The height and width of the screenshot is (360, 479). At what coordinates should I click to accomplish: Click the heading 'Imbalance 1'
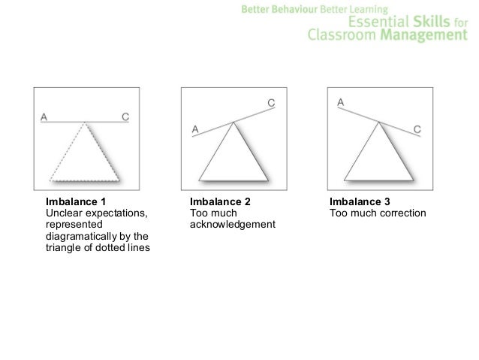coord(76,202)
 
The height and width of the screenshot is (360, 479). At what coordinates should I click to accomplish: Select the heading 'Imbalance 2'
coord(220,202)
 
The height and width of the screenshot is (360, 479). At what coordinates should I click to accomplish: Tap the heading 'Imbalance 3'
coord(360,202)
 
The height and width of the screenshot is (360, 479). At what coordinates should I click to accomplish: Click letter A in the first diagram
coord(44,116)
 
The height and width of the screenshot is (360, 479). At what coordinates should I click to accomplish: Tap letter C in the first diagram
coord(125,116)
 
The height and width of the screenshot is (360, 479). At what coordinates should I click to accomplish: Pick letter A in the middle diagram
coord(195,129)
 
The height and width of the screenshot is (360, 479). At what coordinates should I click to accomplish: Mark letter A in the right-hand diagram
coord(340,101)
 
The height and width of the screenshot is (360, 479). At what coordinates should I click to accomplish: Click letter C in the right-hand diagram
coord(417,129)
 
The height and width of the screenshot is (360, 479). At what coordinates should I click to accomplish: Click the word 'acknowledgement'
coord(233,226)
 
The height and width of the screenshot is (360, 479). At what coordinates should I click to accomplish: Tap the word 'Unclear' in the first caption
coord(65,214)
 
